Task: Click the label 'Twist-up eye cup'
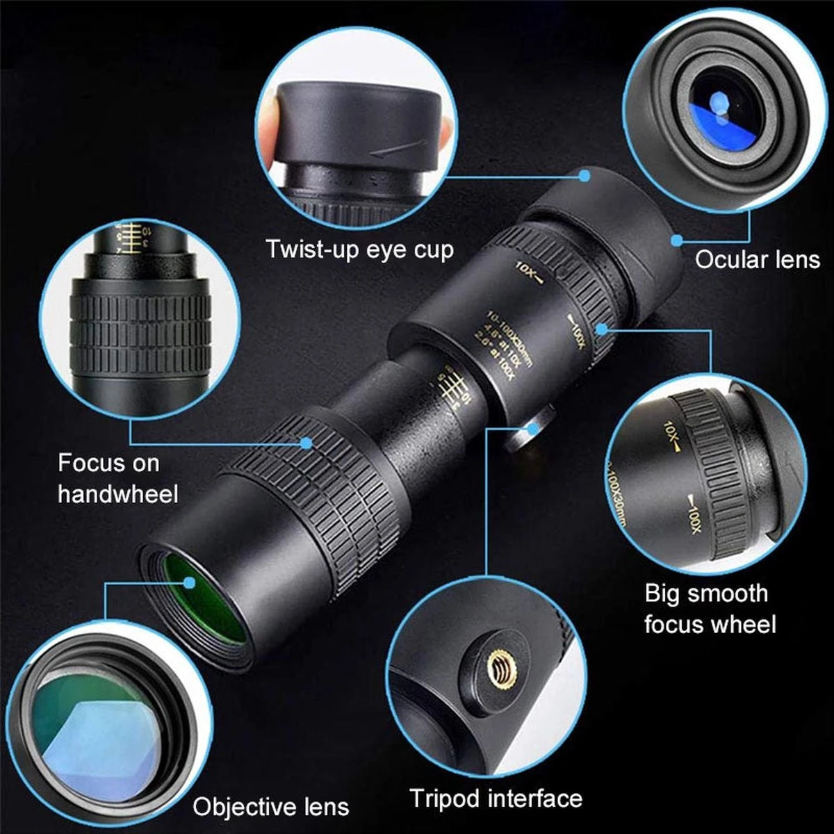tap(360, 249)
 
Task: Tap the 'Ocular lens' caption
tap(758, 260)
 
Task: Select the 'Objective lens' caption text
tap(271, 807)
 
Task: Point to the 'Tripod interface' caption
tap(496, 798)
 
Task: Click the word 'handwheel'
tap(118, 494)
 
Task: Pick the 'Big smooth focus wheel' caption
tap(709, 609)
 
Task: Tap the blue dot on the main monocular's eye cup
tap(585, 177)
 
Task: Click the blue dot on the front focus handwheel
tap(306, 442)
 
